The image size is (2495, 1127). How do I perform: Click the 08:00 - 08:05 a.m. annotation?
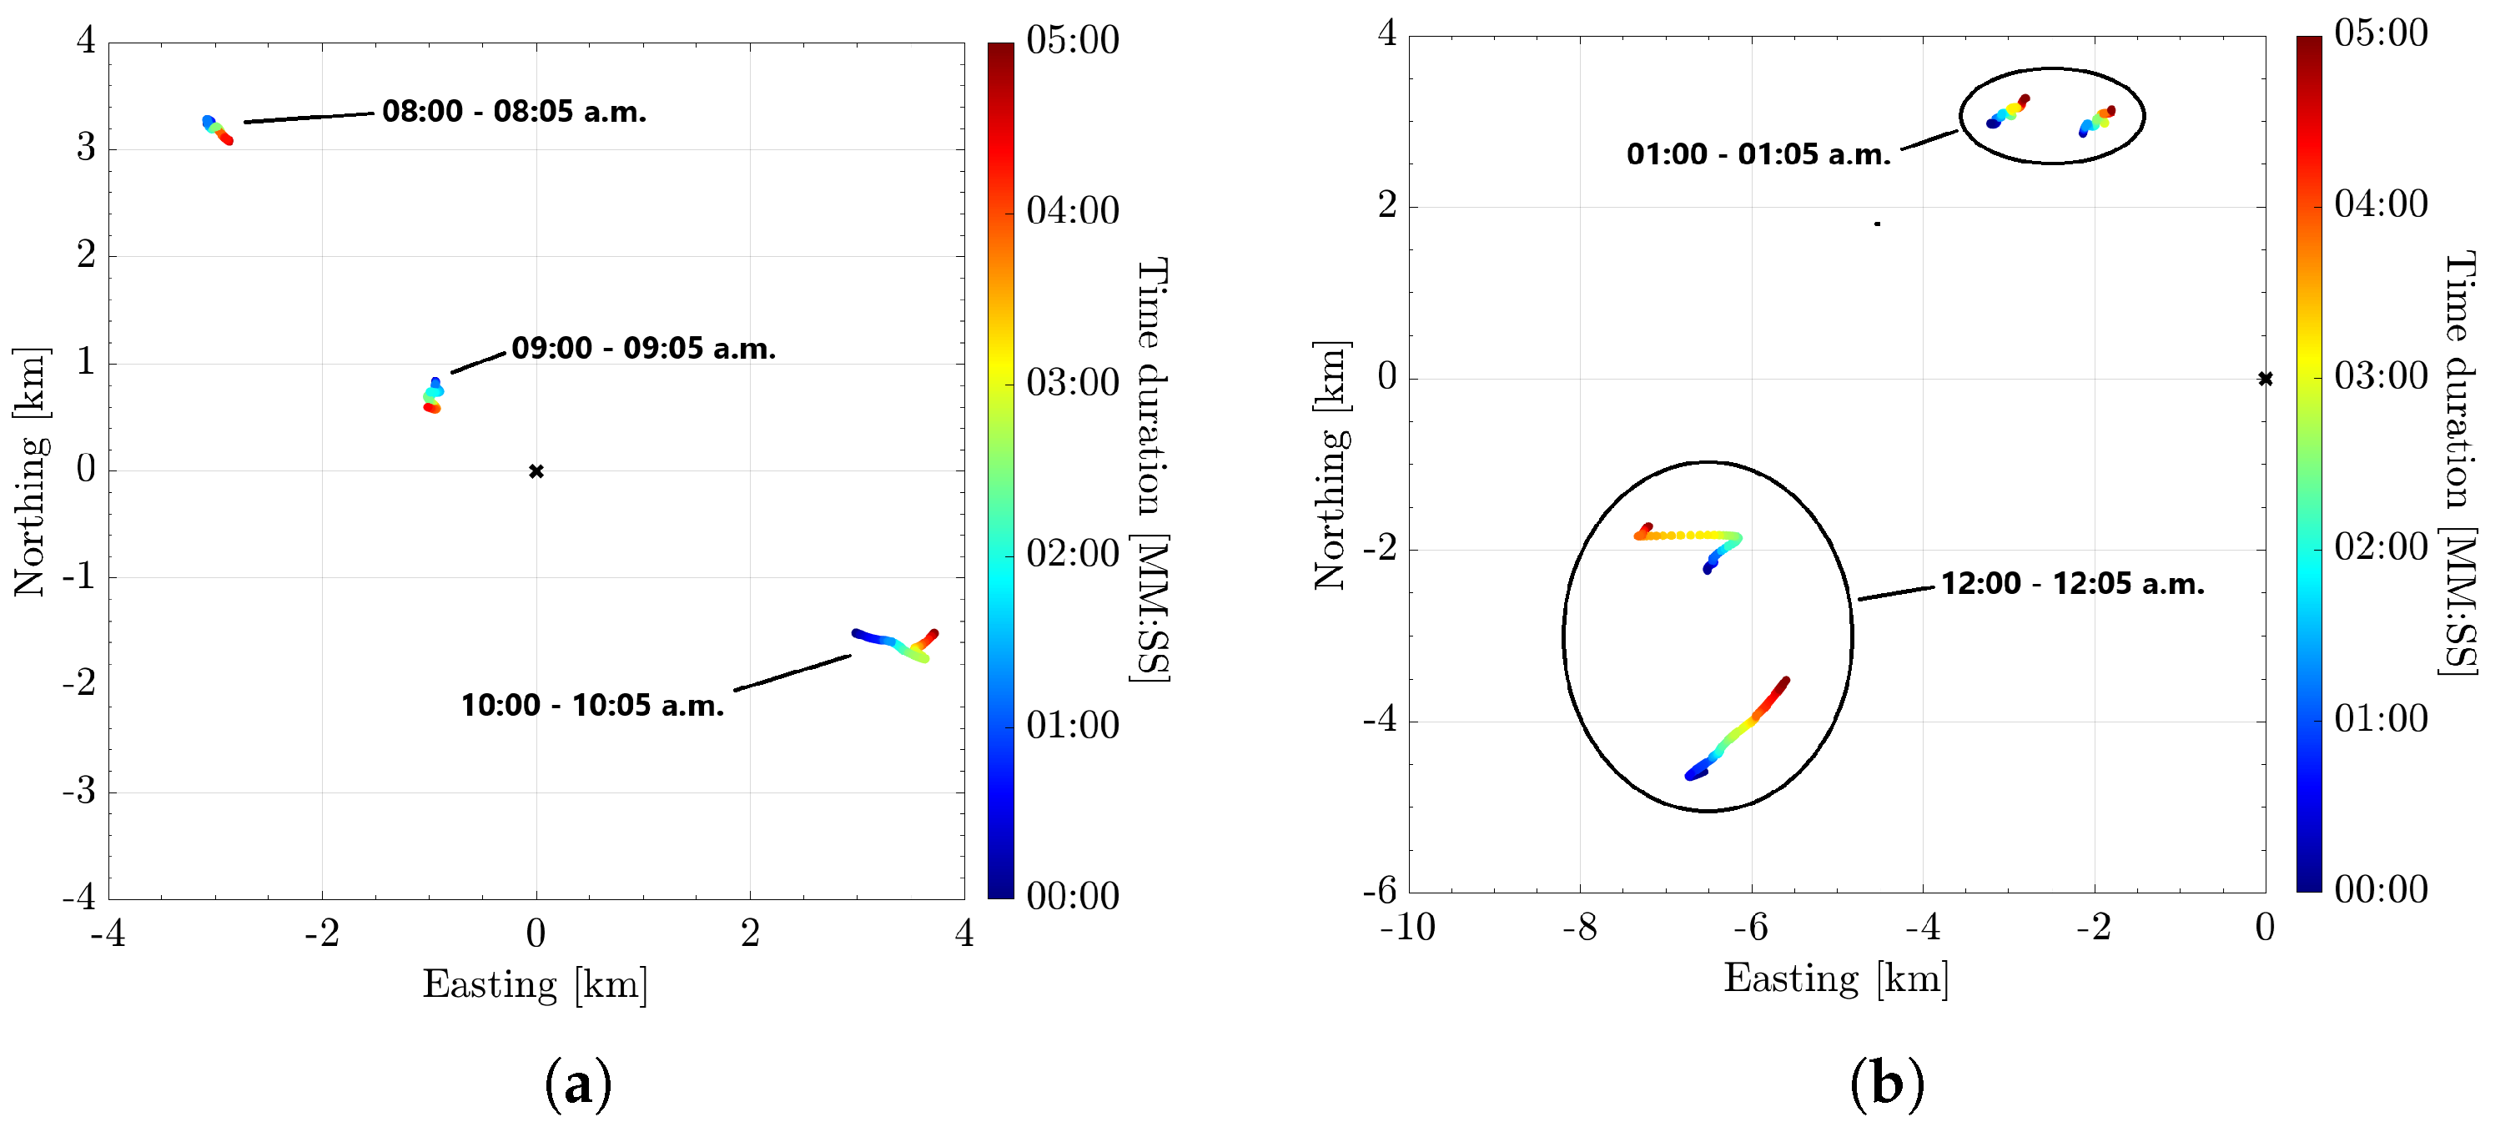tap(513, 111)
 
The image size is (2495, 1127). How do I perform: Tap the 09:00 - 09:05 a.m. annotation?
tap(643, 348)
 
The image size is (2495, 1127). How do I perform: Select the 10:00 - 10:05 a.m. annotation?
tap(591, 705)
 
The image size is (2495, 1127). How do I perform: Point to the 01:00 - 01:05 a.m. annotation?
tap(1758, 154)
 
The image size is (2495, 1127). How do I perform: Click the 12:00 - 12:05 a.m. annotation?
tap(2073, 584)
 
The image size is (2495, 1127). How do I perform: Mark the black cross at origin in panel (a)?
tap(536, 471)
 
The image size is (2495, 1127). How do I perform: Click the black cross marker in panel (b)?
tap(2265, 379)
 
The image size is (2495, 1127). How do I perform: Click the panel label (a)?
tap(578, 1084)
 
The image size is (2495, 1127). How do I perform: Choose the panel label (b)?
tap(1886, 1084)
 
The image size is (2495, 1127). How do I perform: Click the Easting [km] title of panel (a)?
tap(535, 984)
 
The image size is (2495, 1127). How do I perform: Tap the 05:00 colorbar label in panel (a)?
tap(1072, 41)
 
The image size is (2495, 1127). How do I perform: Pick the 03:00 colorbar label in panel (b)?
tap(2381, 375)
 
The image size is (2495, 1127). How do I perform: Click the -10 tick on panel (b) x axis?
tap(1406, 928)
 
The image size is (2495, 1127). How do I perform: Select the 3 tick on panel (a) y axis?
tap(86, 148)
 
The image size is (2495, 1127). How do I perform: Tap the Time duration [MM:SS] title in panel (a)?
tap(1152, 470)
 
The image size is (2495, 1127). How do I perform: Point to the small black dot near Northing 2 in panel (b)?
tap(1877, 224)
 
